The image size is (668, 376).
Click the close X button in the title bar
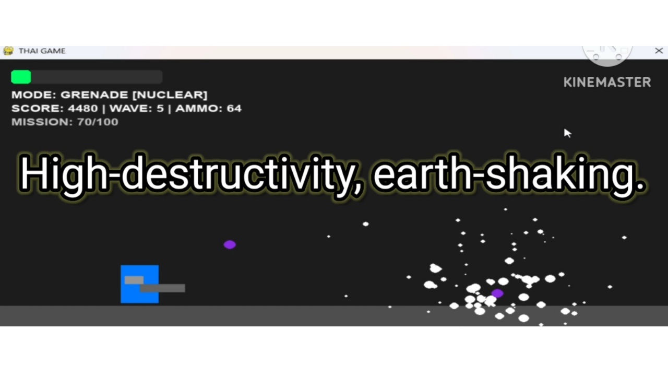[x=659, y=51]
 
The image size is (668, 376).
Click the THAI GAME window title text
[x=42, y=51]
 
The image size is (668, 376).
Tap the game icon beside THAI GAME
[x=8, y=51]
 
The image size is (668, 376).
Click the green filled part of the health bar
[x=21, y=77]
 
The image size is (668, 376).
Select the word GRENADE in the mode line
[x=94, y=95]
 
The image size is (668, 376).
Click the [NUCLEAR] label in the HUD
[x=170, y=95]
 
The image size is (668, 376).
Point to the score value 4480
[x=82, y=108]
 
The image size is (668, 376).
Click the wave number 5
[x=160, y=108]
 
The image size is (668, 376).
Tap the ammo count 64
[x=234, y=108]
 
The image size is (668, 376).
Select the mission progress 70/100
[x=98, y=122]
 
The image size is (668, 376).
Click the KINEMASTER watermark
[x=607, y=83]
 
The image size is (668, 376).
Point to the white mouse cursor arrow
[x=567, y=133]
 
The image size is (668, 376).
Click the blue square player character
[x=139, y=284]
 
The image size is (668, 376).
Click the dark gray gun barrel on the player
[x=162, y=288]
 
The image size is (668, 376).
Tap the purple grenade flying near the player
[x=230, y=245]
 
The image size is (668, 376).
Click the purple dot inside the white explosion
[x=497, y=293]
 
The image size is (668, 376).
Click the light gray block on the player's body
[x=134, y=280]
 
